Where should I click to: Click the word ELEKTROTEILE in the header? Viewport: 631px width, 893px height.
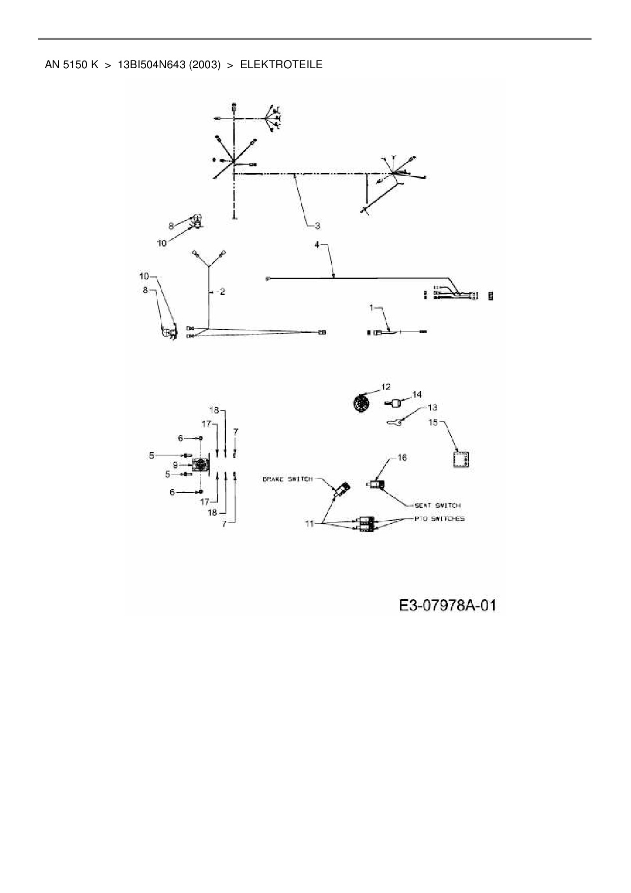(281, 65)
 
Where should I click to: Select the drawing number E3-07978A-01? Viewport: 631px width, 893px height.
(447, 605)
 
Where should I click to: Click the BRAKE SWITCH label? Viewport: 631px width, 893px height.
(288, 479)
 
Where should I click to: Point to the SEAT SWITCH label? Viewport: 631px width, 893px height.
(438, 505)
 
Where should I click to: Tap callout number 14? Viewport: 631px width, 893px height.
(417, 395)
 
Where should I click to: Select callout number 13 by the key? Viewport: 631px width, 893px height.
(432, 407)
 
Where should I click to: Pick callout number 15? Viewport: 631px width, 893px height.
(433, 422)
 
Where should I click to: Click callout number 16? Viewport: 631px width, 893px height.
(401, 458)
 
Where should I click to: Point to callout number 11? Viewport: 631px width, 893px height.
(309, 523)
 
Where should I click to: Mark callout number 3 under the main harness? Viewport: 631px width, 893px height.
(317, 225)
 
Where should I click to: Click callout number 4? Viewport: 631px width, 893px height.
(317, 245)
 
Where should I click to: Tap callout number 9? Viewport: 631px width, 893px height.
(175, 464)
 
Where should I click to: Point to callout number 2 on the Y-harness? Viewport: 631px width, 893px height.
(222, 292)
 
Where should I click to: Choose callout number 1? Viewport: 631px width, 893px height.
(371, 308)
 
